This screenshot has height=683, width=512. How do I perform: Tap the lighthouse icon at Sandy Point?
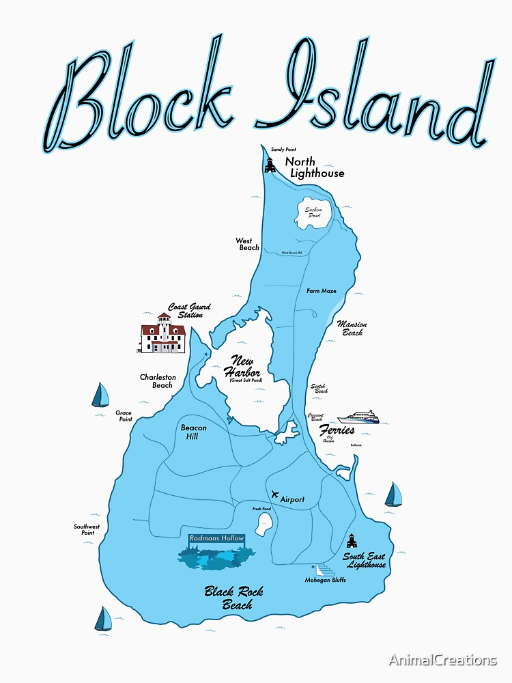(x=270, y=165)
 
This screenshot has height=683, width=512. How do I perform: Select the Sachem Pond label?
(x=313, y=212)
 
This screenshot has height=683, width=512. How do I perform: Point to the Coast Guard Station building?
(x=162, y=334)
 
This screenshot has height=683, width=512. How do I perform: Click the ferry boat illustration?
(x=358, y=417)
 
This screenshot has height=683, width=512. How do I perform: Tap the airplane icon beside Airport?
(x=274, y=494)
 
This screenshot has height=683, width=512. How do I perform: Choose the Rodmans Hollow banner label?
(x=217, y=539)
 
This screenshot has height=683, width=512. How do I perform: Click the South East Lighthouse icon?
(x=352, y=541)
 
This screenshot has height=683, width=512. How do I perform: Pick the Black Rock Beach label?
(x=233, y=598)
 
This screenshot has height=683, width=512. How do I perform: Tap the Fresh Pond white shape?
(x=264, y=525)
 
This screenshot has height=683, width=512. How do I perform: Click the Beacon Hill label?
(x=193, y=432)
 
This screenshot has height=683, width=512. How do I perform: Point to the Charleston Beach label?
(x=158, y=381)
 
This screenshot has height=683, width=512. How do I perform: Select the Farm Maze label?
(x=321, y=291)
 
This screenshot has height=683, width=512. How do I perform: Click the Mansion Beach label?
(x=352, y=329)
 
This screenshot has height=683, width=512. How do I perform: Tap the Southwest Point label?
(x=87, y=529)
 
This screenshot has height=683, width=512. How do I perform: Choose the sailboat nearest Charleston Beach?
(x=100, y=395)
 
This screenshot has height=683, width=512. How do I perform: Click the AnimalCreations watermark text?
(x=443, y=660)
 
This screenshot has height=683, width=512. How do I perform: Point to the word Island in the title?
(x=372, y=96)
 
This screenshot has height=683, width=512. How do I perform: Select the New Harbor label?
(x=244, y=367)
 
